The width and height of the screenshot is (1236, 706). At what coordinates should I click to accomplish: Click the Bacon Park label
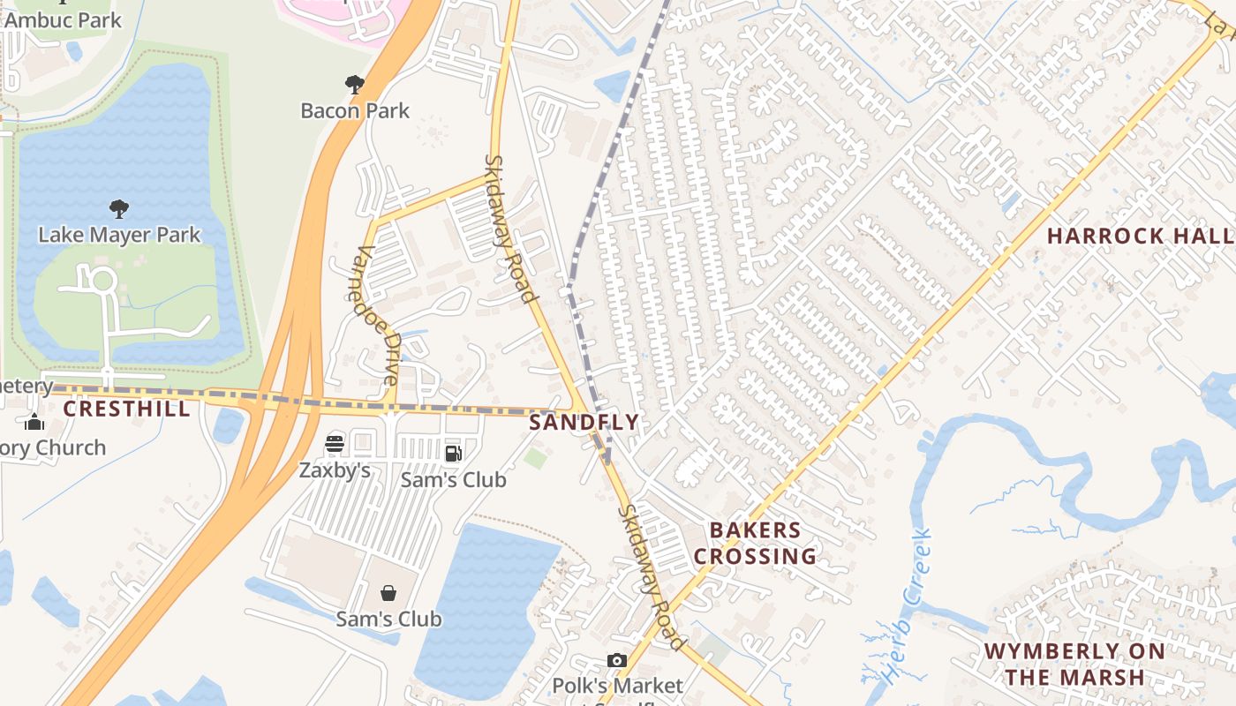tap(355, 110)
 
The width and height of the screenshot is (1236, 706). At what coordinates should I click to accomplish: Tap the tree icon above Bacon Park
tap(355, 85)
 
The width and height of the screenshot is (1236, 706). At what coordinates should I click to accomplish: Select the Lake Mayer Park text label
tap(119, 235)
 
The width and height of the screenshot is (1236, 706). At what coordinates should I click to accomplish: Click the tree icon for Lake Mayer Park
tap(119, 209)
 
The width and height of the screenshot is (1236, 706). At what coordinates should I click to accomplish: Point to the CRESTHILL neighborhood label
tap(126, 409)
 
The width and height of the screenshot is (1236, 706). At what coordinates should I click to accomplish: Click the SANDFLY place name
tap(584, 422)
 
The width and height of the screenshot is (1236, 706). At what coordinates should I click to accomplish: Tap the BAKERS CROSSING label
tap(755, 543)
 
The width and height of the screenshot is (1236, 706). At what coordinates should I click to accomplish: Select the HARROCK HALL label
tap(1139, 236)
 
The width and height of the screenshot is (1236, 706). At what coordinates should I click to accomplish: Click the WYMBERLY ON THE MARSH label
tap(1074, 664)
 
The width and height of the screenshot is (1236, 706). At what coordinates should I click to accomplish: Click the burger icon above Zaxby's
tap(335, 444)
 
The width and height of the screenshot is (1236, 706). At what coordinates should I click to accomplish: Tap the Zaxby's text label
tap(335, 469)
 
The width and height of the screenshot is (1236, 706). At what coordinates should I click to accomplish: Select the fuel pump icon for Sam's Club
tap(453, 454)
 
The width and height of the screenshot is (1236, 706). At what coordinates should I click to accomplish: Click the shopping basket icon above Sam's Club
tap(388, 593)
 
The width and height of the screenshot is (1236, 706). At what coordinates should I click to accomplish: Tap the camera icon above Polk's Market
tap(617, 660)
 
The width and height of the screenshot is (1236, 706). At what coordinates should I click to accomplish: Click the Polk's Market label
tap(617, 685)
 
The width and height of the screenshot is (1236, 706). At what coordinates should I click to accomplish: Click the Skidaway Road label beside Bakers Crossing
tap(651, 577)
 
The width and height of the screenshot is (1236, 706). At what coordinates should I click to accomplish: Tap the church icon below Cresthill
tap(34, 422)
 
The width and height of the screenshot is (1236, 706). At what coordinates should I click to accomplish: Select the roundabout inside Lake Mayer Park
tap(102, 281)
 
